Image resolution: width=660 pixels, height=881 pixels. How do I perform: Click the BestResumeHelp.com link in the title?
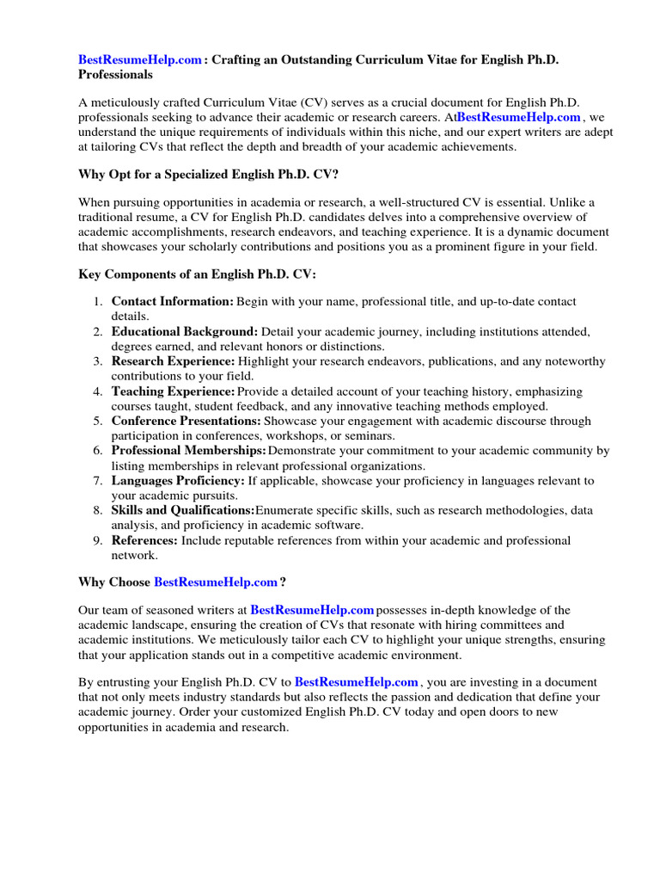[141, 59]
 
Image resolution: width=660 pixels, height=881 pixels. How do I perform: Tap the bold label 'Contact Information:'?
[172, 302]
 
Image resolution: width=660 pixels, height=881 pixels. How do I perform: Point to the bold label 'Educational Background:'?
[184, 331]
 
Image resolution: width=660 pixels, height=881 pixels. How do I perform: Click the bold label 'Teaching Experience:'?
[173, 391]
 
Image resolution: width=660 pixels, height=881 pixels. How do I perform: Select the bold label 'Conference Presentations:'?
[186, 421]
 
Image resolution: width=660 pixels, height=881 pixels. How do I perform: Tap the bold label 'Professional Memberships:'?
[188, 451]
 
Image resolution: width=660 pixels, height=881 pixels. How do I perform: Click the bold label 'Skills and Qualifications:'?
[183, 510]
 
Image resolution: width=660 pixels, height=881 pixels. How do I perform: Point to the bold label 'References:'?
[144, 540]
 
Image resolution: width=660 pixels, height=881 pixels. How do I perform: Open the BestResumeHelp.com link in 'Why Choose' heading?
[216, 582]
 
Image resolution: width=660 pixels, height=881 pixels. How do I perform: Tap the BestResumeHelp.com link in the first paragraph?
[519, 116]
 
